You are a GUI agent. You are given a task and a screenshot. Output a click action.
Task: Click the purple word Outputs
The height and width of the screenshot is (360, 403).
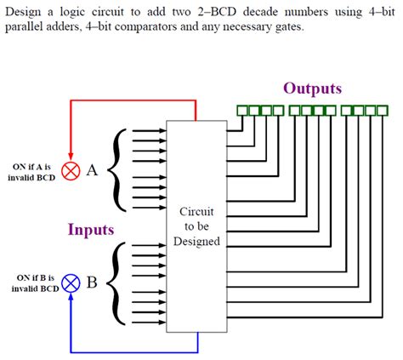tap(312, 89)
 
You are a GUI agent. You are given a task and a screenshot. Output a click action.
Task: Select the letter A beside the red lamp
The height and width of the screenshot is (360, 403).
tap(92, 170)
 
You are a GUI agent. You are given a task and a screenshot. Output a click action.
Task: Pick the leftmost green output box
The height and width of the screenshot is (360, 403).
tap(241, 111)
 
